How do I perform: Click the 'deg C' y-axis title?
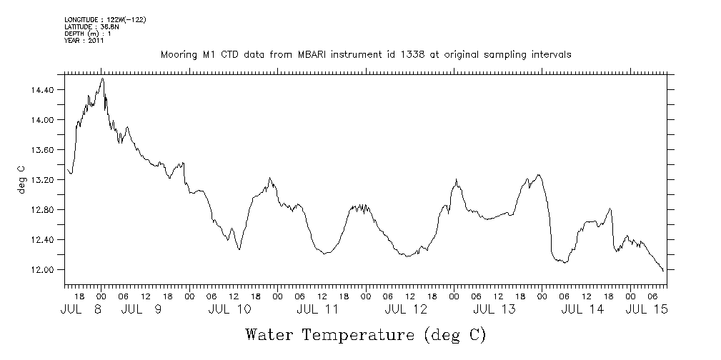pyautogui.click(x=21, y=179)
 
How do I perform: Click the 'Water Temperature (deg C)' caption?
pyautogui.click(x=365, y=334)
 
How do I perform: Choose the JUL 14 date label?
pyautogui.click(x=582, y=309)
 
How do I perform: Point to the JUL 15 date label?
pyautogui.click(x=647, y=309)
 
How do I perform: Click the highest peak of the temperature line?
pyautogui.click(x=103, y=79)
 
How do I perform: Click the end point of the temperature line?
pyautogui.click(x=664, y=271)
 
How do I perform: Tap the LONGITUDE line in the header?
pyautogui.click(x=105, y=19)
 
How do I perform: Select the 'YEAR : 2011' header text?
pyautogui.click(x=84, y=41)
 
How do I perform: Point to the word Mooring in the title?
pyautogui.click(x=178, y=55)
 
